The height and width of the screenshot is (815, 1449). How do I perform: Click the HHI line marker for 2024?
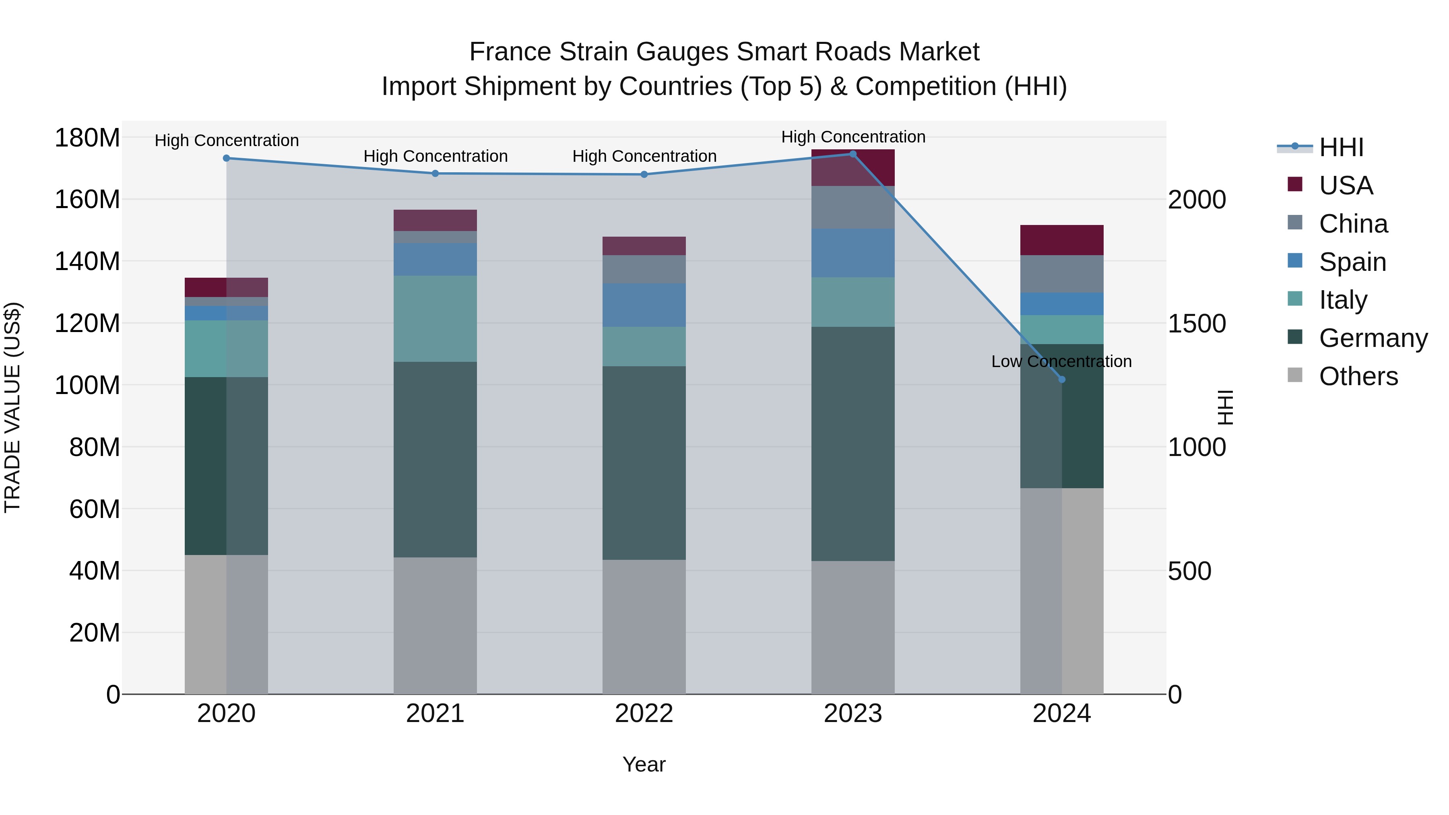click(x=1061, y=379)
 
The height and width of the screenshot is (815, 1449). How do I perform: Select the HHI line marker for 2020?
click(x=226, y=158)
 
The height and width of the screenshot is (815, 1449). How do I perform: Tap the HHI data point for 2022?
click(x=644, y=174)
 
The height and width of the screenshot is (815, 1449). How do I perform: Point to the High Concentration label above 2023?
click(x=853, y=137)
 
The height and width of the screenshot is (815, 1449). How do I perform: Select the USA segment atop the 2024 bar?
click(x=1061, y=240)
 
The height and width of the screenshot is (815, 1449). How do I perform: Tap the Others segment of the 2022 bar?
click(x=644, y=627)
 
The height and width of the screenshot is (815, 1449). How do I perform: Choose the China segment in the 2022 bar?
click(x=644, y=269)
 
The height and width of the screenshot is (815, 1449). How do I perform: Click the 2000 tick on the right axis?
click(x=1197, y=200)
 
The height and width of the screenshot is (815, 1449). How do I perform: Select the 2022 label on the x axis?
click(x=644, y=714)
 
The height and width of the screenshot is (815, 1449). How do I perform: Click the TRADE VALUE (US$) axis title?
click(x=12, y=407)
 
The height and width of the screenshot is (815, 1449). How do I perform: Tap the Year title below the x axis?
click(x=644, y=764)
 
